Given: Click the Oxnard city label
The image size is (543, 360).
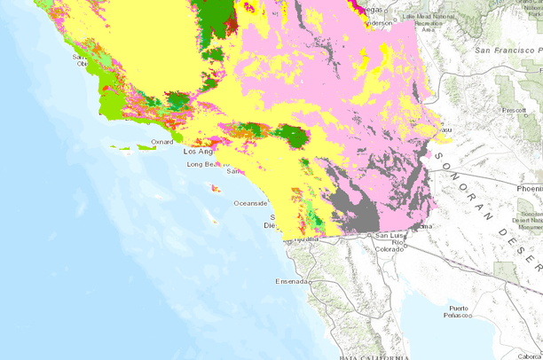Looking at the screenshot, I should click(161, 141).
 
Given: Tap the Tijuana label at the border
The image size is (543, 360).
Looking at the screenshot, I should click(306, 239).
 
